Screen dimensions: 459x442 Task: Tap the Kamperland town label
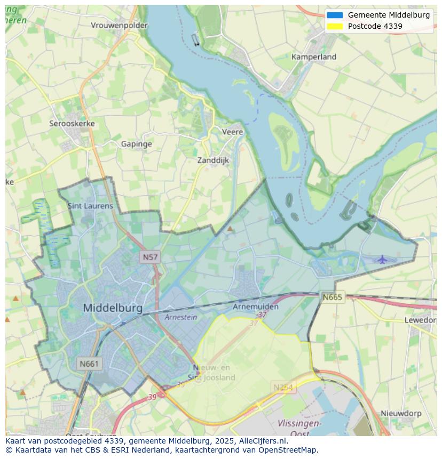pyautogui.click(x=314, y=57)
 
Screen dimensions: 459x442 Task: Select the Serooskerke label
pyautogui.click(x=72, y=124)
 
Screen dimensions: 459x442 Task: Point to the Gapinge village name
pyautogui.click(x=136, y=144)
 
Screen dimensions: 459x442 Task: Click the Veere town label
pyautogui.click(x=232, y=132)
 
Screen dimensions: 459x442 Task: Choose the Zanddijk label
pyautogui.click(x=213, y=160)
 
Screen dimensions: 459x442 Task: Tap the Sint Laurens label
pyautogui.click(x=90, y=206)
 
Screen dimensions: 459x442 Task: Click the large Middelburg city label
pyautogui.click(x=113, y=308)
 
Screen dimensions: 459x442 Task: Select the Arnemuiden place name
pyautogui.click(x=256, y=307)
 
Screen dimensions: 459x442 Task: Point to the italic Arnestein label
pyautogui.click(x=181, y=317)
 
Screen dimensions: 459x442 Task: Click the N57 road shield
pyautogui.click(x=150, y=257)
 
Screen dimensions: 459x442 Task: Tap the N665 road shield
pyautogui.click(x=332, y=297)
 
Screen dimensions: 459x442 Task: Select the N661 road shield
pyautogui.click(x=89, y=364)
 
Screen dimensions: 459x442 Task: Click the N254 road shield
pyautogui.click(x=283, y=388)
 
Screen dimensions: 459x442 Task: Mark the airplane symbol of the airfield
pyautogui.click(x=382, y=260)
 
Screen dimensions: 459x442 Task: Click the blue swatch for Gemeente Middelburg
pyautogui.click(x=335, y=15)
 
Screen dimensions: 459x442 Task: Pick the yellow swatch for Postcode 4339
pyautogui.click(x=335, y=26)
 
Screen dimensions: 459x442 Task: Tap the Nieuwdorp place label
pyautogui.click(x=401, y=414)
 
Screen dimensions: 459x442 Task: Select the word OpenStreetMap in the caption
pyautogui.click(x=288, y=450)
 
